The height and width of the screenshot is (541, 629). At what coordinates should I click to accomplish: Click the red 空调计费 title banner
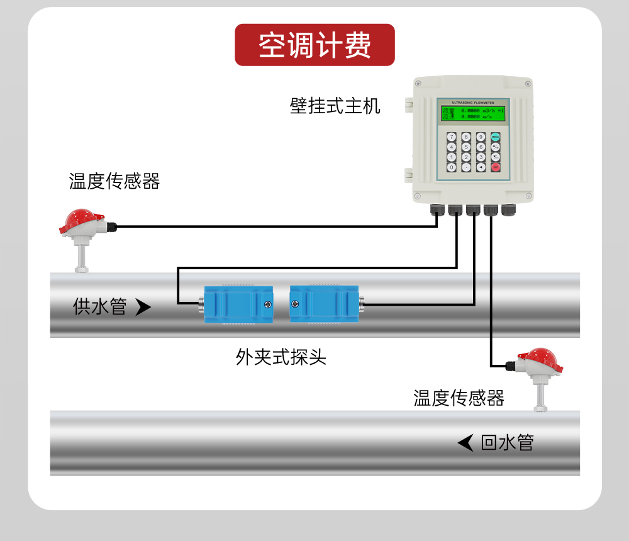(314, 45)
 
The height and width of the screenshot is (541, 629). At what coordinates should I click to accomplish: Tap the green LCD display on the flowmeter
(473, 114)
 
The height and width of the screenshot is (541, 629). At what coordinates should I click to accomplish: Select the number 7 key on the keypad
(451, 137)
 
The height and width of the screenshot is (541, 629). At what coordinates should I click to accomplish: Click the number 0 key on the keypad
(451, 167)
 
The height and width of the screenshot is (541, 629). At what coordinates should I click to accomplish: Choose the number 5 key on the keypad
(466, 147)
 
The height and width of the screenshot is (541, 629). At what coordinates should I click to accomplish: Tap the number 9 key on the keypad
(481, 137)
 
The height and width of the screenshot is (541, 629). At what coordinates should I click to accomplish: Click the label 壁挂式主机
(335, 105)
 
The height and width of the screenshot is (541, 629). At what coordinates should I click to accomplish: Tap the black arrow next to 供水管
(143, 307)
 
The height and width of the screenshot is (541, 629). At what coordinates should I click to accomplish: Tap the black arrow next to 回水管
(465, 443)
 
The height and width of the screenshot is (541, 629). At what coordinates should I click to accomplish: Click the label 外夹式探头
(281, 358)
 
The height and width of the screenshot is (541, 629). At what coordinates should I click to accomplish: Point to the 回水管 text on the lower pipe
(507, 443)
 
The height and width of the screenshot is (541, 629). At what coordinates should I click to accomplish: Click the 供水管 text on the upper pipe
(100, 307)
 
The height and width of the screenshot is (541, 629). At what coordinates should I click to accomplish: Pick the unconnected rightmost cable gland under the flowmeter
(508, 209)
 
